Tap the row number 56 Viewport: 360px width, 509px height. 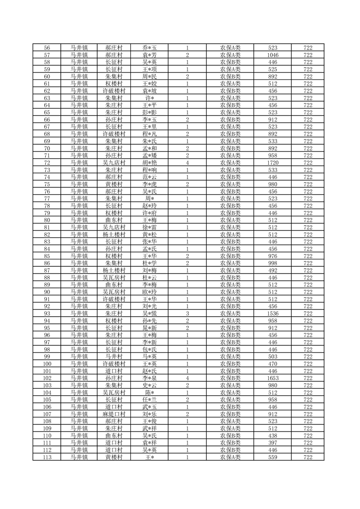click(x=47, y=48)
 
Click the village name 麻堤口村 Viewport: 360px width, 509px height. click(x=114, y=414)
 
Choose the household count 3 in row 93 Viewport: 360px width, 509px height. click(x=187, y=313)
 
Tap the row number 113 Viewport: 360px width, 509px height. click(x=47, y=457)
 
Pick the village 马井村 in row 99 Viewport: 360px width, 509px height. click(x=114, y=357)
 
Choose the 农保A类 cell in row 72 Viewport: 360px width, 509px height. click(x=230, y=162)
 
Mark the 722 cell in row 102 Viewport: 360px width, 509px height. click(x=308, y=378)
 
